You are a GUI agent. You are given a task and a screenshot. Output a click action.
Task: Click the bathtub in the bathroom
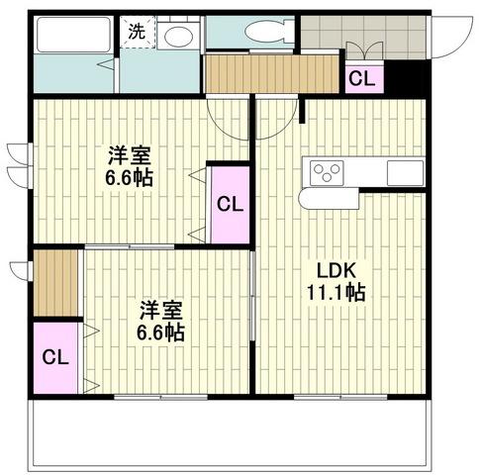[74, 35]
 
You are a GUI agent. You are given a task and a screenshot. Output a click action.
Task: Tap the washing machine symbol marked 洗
[138, 32]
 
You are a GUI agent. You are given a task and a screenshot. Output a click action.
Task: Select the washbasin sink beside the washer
[178, 36]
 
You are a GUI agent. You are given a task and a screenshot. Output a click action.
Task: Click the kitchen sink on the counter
[405, 173]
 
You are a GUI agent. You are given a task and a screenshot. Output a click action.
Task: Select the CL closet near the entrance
[364, 78]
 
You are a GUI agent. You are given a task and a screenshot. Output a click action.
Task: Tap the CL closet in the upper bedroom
[230, 205]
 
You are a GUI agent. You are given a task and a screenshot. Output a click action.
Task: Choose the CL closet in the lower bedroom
[55, 358]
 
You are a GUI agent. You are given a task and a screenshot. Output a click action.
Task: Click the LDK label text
[336, 271]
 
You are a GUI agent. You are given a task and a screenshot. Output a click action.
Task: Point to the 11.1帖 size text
[336, 292]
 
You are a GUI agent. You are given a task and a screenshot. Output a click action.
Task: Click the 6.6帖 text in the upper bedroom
[129, 178]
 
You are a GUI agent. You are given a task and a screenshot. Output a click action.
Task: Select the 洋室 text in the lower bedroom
[160, 311]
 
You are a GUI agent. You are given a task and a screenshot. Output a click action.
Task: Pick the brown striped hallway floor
[272, 74]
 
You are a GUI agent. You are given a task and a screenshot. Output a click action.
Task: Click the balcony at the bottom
[230, 433]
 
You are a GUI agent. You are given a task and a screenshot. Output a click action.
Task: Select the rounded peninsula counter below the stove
[329, 199]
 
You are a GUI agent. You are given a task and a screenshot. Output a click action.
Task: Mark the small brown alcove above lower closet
[55, 283]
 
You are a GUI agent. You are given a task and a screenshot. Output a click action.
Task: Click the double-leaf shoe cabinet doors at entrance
[365, 50]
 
